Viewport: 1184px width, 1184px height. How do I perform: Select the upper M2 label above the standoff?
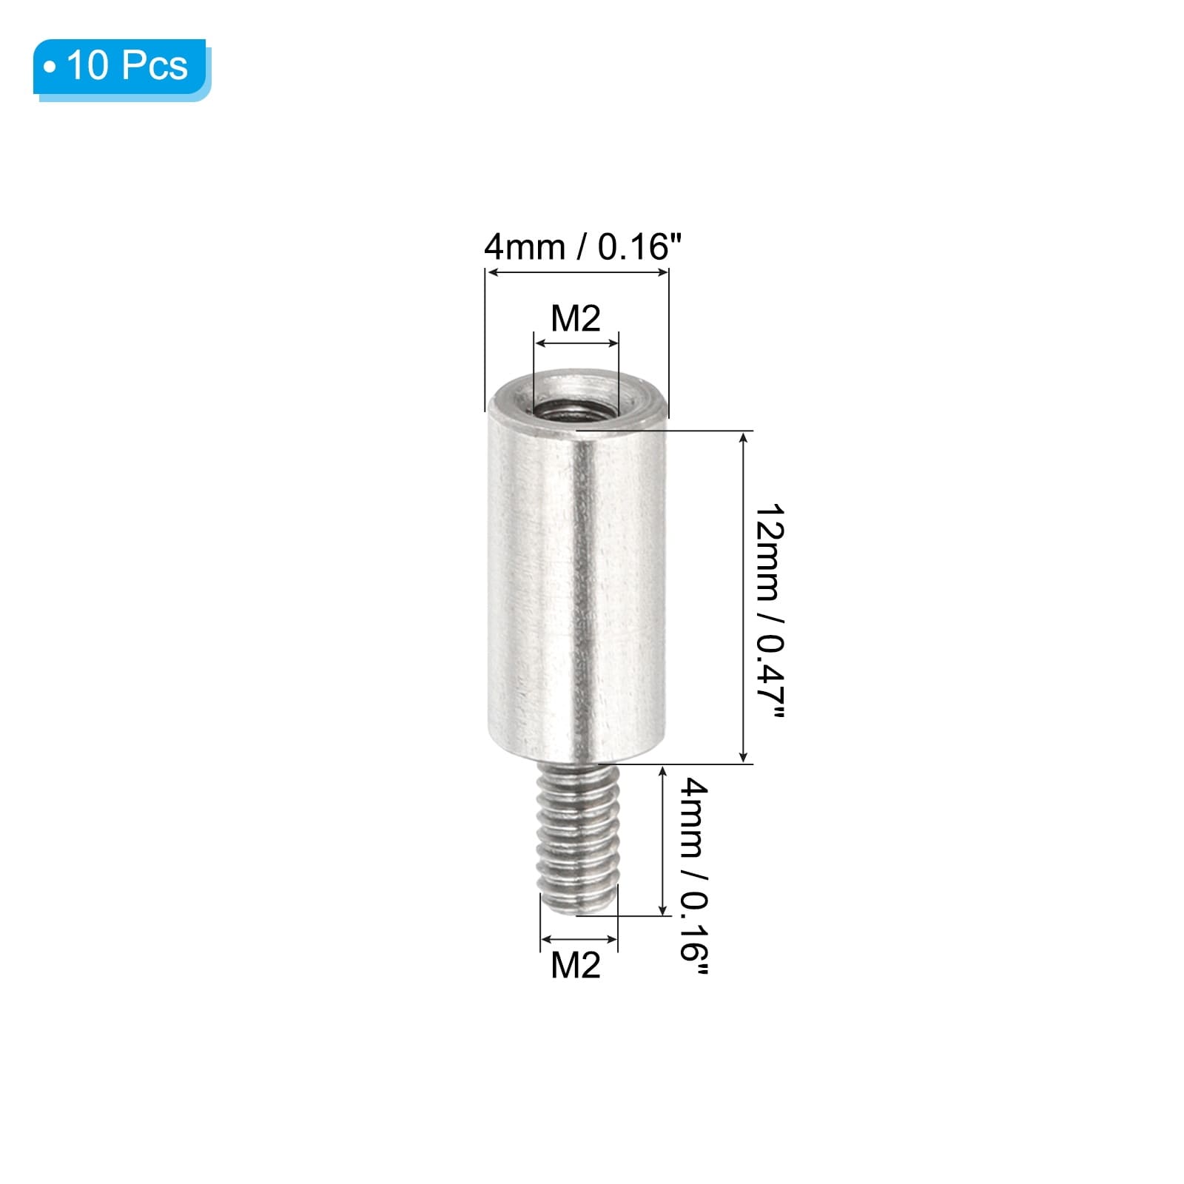point(576,318)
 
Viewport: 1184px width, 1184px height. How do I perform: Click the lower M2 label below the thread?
point(576,965)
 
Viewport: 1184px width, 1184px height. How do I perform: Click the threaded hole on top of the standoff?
point(576,406)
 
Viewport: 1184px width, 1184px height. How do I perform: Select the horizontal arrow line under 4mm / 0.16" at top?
point(576,273)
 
